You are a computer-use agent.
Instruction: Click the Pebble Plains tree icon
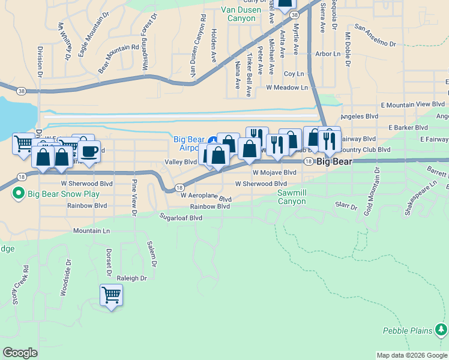(x=442, y=329)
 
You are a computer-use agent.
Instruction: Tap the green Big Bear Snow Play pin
(x=18, y=194)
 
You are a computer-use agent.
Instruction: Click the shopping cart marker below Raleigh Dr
(x=111, y=295)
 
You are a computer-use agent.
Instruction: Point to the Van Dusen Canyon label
(x=241, y=14)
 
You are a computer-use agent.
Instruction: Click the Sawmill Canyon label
(x=301, y=197)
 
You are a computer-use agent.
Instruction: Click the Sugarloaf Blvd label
(x=180, y=217)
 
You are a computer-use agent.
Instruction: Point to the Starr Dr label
(x=346, y=206)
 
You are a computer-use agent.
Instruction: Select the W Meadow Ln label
(x=287, y=88)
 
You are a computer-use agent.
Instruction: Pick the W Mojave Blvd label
(x=274, y=172)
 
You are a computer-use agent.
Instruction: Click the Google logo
(x=20, y=353)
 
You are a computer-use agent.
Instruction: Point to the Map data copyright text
(x=412, y=355)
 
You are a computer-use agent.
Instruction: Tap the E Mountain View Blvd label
(x=414, y=104)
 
